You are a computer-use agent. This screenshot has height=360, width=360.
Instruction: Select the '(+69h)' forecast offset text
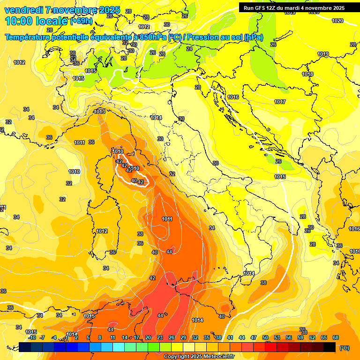(x=81, y=21)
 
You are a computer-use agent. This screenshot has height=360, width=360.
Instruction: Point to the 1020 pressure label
(x=337, y=21)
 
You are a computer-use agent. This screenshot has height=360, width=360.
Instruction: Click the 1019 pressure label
(x=323, y=54)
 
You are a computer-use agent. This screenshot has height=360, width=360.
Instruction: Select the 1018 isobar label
(x=307, y=75)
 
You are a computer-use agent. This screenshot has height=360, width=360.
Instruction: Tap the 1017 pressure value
(x=280, y=102)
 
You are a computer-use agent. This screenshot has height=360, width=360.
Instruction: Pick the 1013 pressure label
(x=99, y=112)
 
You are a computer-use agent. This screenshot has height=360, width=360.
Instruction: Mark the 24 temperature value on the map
(x=189, y=49)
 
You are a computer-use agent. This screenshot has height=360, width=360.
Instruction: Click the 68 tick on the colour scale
(x=336, y=337)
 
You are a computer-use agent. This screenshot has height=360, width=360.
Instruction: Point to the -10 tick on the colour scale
(x=32, y=337)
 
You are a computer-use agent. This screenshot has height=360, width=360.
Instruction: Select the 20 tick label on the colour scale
(x=148, y=337)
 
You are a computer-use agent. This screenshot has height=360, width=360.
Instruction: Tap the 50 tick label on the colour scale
(x=265, y=337)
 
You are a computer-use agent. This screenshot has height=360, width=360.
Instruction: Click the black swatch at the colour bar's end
(x=329, y=347)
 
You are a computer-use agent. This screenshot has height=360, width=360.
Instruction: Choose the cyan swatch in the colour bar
(x=118, y=347)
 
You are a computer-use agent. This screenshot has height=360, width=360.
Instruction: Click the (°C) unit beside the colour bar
(x=345, y=348)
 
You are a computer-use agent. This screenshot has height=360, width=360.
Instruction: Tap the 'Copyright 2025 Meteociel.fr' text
(x=199, y=357)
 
